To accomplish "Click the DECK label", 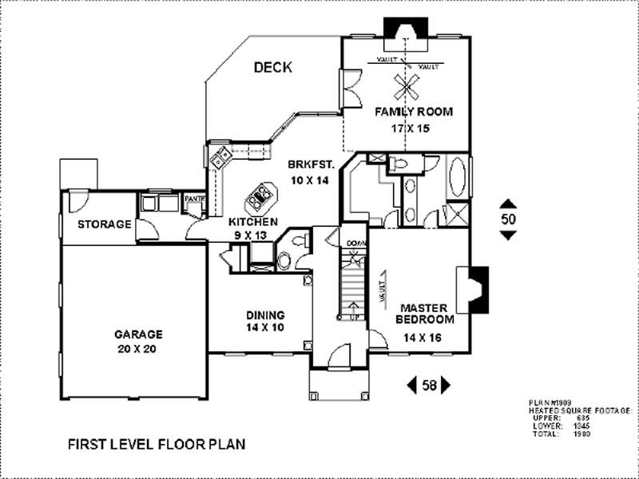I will (x=273, y=68).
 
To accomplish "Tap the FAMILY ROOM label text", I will (x=414, y=112).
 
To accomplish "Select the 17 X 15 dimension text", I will (x=414, y=128).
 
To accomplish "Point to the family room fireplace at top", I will (x=403, y=28).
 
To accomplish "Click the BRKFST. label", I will (x=310, y=164).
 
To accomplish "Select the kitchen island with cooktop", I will (x=261, y=195).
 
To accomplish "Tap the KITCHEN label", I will (x=253, y=221).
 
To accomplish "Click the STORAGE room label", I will (x=104, y=224).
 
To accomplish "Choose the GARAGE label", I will (x=138, y=335).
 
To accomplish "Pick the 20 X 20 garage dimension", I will (x=138, y=349).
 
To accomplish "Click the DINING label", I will (x=265, y=315).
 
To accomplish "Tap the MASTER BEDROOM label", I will (x=427, y=313).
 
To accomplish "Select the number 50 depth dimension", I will (x=508, y=218).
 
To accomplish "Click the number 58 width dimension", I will (x=429, y=386).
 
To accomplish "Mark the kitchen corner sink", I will (x=220, y=156).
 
